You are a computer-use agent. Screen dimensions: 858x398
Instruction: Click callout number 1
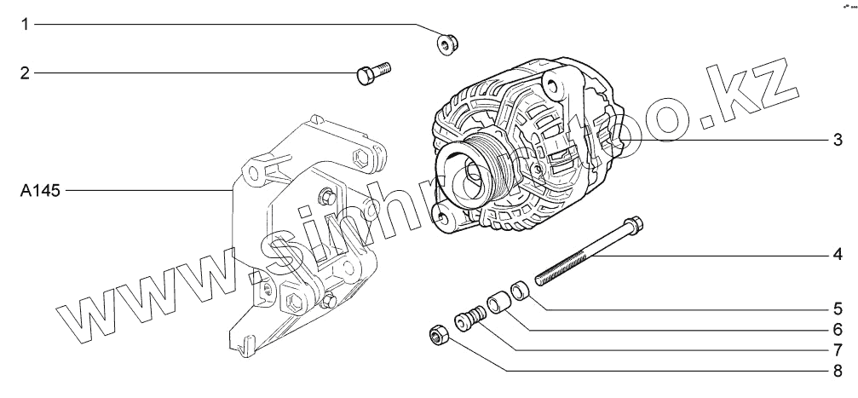click(26, 25)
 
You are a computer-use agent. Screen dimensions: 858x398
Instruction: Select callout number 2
click(26, 73)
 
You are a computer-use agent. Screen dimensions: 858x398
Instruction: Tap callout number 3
click(838, 140)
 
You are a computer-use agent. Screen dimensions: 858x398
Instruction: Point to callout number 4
click(838, 254)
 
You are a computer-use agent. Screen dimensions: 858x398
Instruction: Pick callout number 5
click(838, 307)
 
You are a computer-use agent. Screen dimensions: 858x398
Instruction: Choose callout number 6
click(838, 328)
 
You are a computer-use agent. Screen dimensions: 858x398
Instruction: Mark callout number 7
click(838, 349)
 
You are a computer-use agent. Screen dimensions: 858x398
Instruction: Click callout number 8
click(838, 371)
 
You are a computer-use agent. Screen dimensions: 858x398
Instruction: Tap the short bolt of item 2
click(371, 73)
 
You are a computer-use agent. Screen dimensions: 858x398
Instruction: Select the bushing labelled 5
click(520, 290)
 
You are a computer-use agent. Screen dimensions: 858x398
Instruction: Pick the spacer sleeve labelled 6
click(497, 303)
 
